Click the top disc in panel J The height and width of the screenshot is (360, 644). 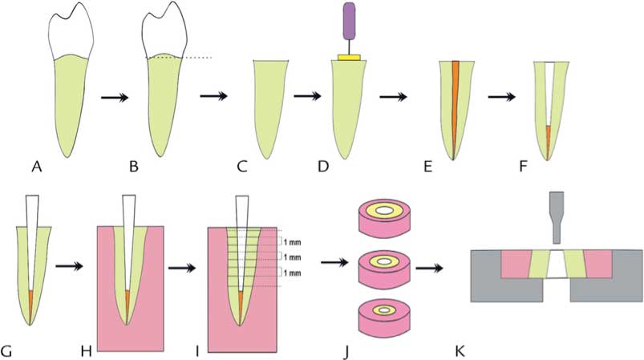pyautogui.click(x=385, y=213)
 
